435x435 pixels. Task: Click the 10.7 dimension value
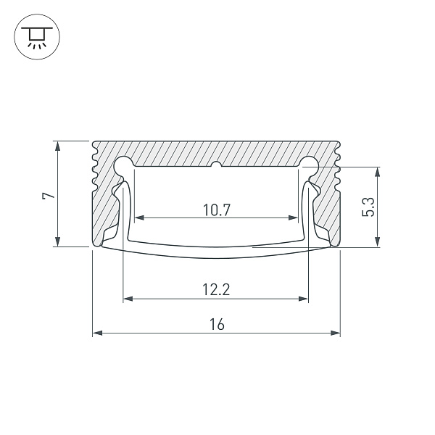point(216,211)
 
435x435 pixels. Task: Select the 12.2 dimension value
point(216,291)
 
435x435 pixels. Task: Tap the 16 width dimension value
point(216,326)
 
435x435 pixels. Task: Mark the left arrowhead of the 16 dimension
point(96,333)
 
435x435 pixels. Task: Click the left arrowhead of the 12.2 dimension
point(128,298)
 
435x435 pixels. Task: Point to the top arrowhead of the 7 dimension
point(58,145)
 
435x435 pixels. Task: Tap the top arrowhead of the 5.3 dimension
point(378,172)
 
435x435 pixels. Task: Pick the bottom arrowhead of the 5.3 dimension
point(378,244)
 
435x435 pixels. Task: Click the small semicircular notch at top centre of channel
point(216,166)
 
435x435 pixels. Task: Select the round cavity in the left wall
point(124,165)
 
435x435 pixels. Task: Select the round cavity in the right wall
point(309,165)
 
